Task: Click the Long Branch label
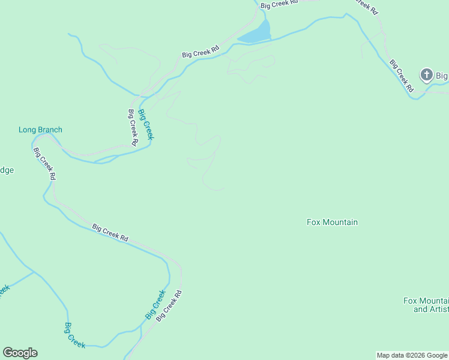click(x=40, y=130)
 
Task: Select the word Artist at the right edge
click(x=439, y=309)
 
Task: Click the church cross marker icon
click(x=427, y=75)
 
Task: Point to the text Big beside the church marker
click(x=442, y=76)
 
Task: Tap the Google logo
click(x=20, y=353)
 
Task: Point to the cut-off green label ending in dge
click(x=6, y=170)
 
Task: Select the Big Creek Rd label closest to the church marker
click(x=401, y=75)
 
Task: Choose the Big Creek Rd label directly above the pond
click(x=279, y=4)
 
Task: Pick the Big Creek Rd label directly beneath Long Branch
click(x=45, y=164)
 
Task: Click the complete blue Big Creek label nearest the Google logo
click(x=75, y=335)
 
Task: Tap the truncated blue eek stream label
click(x=3, y=290)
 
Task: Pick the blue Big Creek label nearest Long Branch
click(x=146, y=124)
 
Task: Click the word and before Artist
click(x=421, y=309)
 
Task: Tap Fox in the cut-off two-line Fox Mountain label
click(x=410, y=301)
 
